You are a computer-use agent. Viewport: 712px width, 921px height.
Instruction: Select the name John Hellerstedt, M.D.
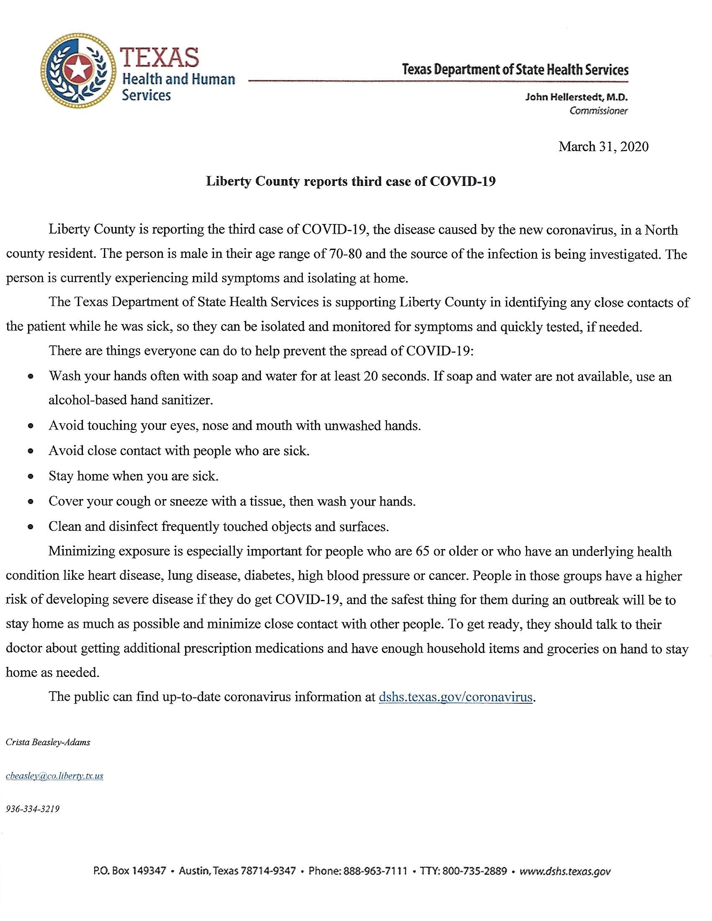click(x=576, y=98)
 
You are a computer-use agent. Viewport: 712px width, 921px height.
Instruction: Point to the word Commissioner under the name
click(x=598, y=111)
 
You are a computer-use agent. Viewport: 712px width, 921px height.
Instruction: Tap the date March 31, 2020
click(x=603, y=147)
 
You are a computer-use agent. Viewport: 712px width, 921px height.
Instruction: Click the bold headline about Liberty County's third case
click(x=351, y=181)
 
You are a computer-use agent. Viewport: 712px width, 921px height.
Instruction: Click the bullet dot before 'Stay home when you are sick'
click(x=31, y=477)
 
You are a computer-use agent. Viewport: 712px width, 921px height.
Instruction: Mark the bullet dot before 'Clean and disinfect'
click(x=31, y=527)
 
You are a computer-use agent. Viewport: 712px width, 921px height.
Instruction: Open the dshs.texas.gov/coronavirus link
click(x=456, y=697)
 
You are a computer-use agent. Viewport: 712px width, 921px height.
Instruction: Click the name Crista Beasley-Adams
click(x=48, y=743)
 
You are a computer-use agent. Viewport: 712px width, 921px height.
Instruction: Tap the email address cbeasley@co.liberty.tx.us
click(x=54, y=776)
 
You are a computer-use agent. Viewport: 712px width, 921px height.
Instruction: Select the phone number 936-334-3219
click(x=33, y=809)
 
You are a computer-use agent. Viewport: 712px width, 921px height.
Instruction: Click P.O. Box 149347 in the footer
click(x=129, y=871)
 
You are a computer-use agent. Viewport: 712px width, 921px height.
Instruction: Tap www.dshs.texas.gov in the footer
click(x=565, y=871)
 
